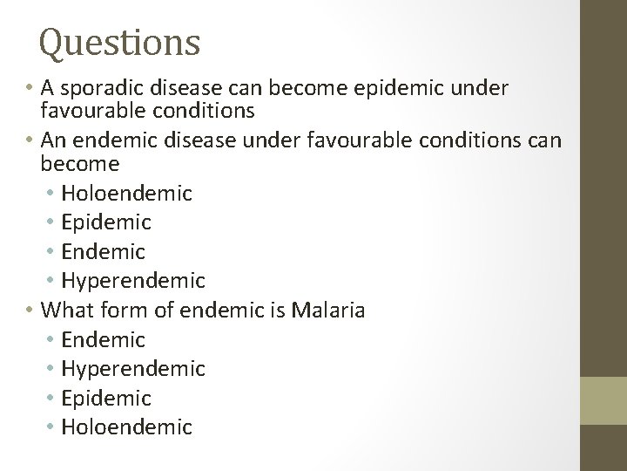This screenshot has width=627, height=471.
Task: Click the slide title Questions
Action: [x=120, y=42]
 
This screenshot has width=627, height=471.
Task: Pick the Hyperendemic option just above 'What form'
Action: [x=133, y=281]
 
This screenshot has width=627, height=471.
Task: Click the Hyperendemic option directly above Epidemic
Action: [x=133, y=369]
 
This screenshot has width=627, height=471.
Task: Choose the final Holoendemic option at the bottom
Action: [x=127, y=427]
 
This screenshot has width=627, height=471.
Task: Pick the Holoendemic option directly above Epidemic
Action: [x=127, y=192]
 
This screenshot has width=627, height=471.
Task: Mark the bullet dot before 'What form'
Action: [x=31, y=311]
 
